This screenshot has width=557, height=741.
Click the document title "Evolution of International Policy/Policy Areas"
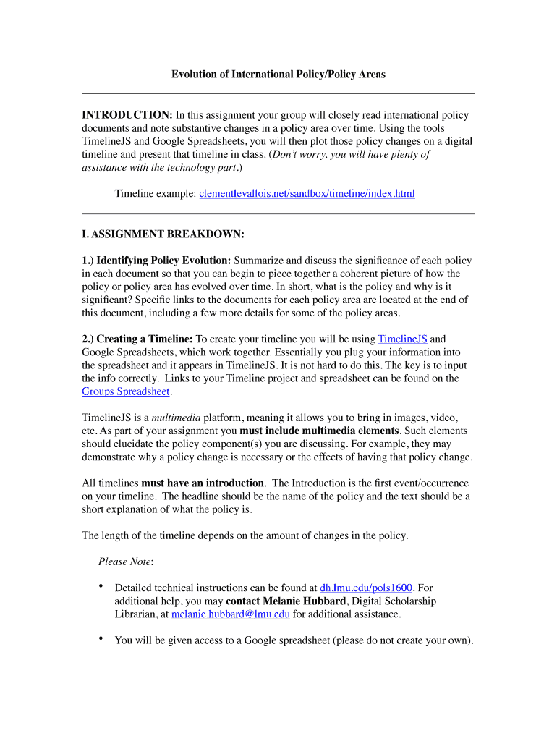[x=278, y=75]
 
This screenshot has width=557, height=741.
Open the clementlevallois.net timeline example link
[x=307, y=194]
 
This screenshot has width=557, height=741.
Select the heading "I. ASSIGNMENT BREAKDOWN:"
[x=163, y=234]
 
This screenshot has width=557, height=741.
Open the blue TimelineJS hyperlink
[x=402, y=339]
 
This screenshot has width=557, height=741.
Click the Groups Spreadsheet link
[x=126, y=391]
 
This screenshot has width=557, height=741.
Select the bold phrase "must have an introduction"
[x=202, y=483]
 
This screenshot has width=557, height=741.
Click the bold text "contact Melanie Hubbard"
[x=286, y=601]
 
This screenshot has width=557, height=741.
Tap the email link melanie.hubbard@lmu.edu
[x=230, y=614]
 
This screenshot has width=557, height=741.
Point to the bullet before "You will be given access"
[x=101, y=639]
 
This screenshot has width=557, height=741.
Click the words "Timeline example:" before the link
[x=155, y=194]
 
